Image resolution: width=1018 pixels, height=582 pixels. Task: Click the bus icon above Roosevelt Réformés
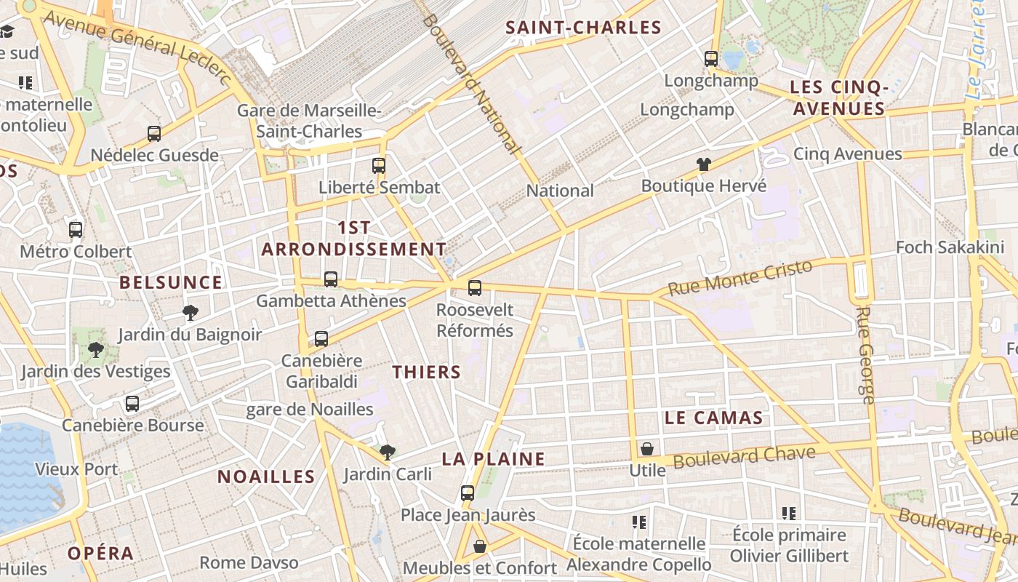(x=475, y=288)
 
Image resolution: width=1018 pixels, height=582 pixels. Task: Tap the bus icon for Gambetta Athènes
(x=331, y=279)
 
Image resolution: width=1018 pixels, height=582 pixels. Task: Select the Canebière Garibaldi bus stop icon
(x=321, y=339)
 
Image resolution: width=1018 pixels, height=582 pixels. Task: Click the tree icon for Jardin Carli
(x=388, y=453)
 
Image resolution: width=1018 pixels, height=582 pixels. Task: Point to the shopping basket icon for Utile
(x=647, y=449)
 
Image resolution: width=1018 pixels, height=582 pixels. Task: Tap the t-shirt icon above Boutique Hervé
(x=703, y=164)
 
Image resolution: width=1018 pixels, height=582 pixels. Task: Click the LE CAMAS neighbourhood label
(x=713, y=418)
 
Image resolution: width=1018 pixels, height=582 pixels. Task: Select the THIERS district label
(x=427, y=372)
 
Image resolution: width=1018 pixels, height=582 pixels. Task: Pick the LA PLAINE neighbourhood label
(x=494, y=459)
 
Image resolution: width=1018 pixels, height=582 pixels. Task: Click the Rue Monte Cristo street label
(x=740, y=278)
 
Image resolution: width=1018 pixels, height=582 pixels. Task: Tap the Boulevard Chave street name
(x=745, y=458)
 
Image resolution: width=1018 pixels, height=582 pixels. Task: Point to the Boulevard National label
(x=471, y=84)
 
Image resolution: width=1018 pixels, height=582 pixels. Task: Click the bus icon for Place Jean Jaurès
(x=468, y=493)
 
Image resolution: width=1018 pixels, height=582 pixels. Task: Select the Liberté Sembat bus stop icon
(x=379, y=166)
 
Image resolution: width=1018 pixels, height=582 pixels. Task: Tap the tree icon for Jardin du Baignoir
(x=191, y=313)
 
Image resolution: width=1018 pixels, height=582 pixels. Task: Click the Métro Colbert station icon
(x=76, y=230)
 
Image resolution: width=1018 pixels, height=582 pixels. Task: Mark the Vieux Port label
(x=76, y=469)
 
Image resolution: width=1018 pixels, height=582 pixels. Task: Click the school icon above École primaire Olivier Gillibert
(x=789, y=514)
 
